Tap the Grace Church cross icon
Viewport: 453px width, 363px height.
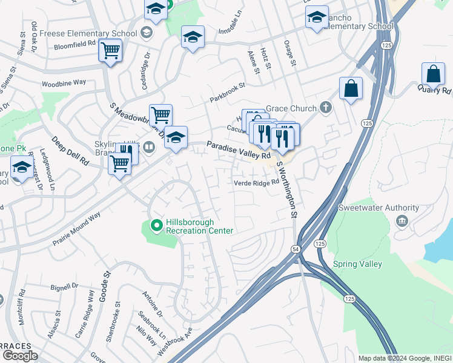coord(326,108)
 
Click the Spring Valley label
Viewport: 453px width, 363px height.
coord(357,264)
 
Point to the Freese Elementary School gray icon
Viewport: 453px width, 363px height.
coord(146,31)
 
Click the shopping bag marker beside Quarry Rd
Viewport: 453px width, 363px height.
coord(434,74)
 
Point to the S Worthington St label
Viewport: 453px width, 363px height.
coord(288,188)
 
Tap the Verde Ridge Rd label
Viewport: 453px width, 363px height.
coord(256,183)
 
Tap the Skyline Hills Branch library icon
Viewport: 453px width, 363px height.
coord(148,146)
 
